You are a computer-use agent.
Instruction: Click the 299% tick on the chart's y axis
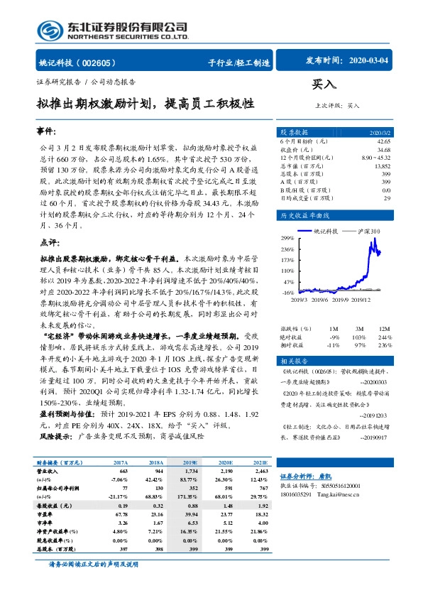point(287,237)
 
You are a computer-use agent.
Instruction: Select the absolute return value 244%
point(383,337)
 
